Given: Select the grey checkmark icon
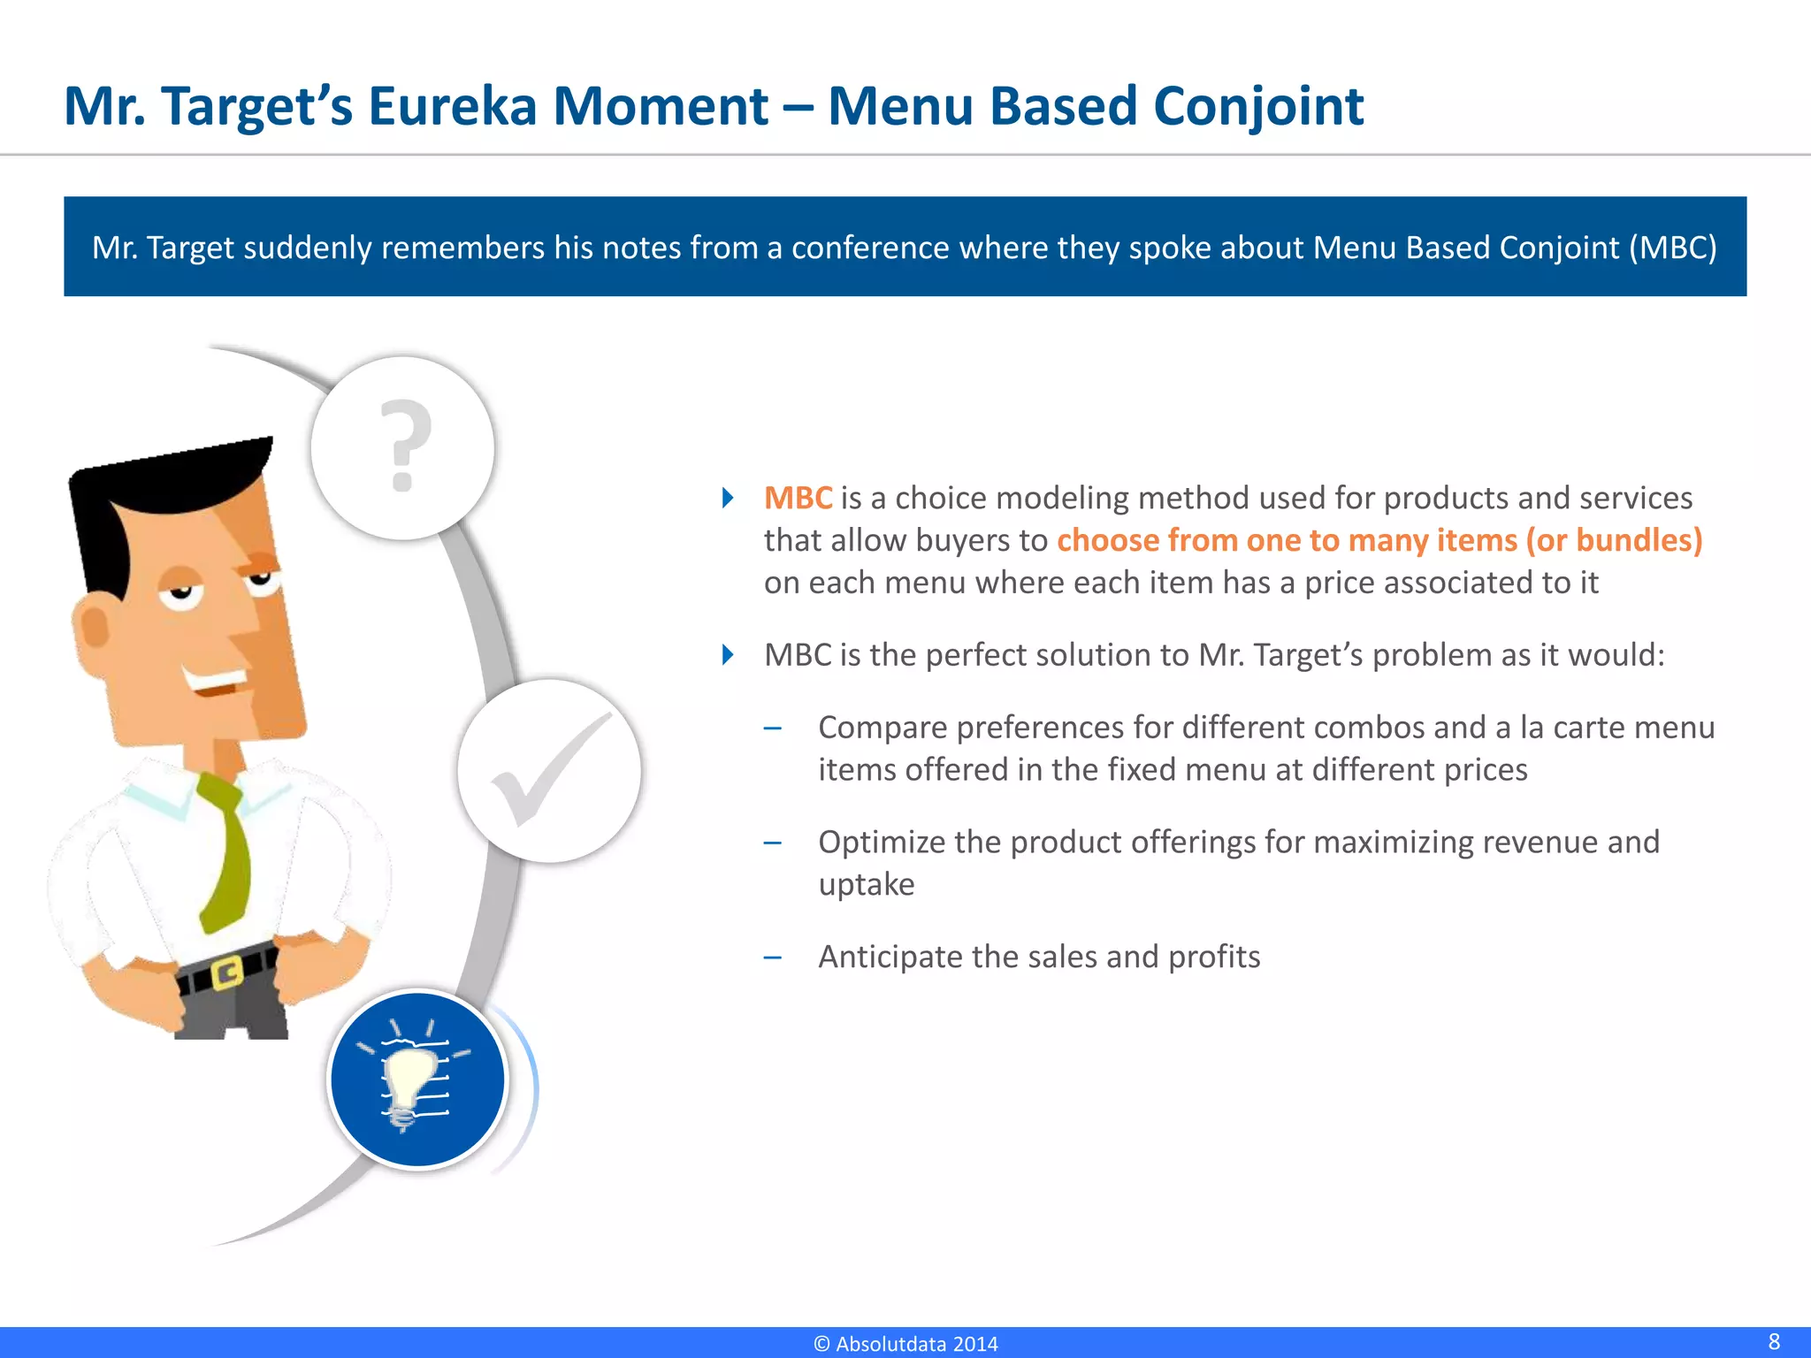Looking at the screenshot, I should tap(548, 769).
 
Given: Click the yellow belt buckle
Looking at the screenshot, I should tap(227, 973).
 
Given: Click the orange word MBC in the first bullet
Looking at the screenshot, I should tap(798, 498).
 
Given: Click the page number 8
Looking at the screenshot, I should tap(1774, 1341).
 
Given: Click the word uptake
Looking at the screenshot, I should tap(866, 884).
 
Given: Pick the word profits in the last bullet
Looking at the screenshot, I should tap(1213, 957).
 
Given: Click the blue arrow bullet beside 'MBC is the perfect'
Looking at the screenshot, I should tap(728, 655).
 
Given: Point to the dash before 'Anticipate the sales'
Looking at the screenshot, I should tap(773, 957).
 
